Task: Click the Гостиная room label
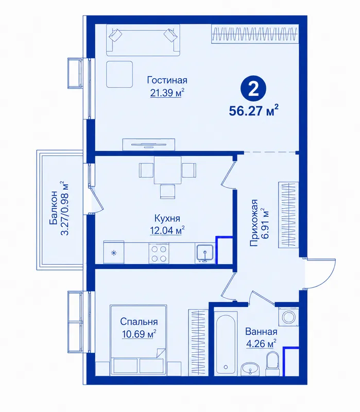pyautogui.click(x=167, y=80)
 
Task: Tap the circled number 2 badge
pyautogui.click(x=253, y=89)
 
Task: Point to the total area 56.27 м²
pyautogui.click(x=253, y=111)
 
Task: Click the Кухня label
pyautogui.click(x=167, y=218)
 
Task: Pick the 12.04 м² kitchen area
pyautogui.click(x=167, y=230)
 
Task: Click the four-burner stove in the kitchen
pyautogui.click(x=159, y=253)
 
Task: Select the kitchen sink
pyautogui.click(x=205, y=253)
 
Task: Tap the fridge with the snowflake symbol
pyautogui.click(x=114, y=252)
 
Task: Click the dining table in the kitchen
pyautogui.click(x=167, y=170)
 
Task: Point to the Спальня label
pyautogui.click(x=139, y=321)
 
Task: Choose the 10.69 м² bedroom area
pyautogui.click(x=139, y=334)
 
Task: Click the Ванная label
pyautogui.click(x=261, y=332)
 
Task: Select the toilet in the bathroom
pyautogui.click(x=272, y=364)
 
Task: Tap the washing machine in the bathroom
pyautogui.click(x=288, y=316)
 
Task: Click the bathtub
pyautogui.click(x=226, y=344)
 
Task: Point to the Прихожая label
pyautogui.click(x=253, y=223)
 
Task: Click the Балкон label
pyautogui.click(x=54, y=208)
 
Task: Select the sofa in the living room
pyautogui.click(x=143, y=40)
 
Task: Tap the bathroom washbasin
pyautogui.click(x=250, y=369)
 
